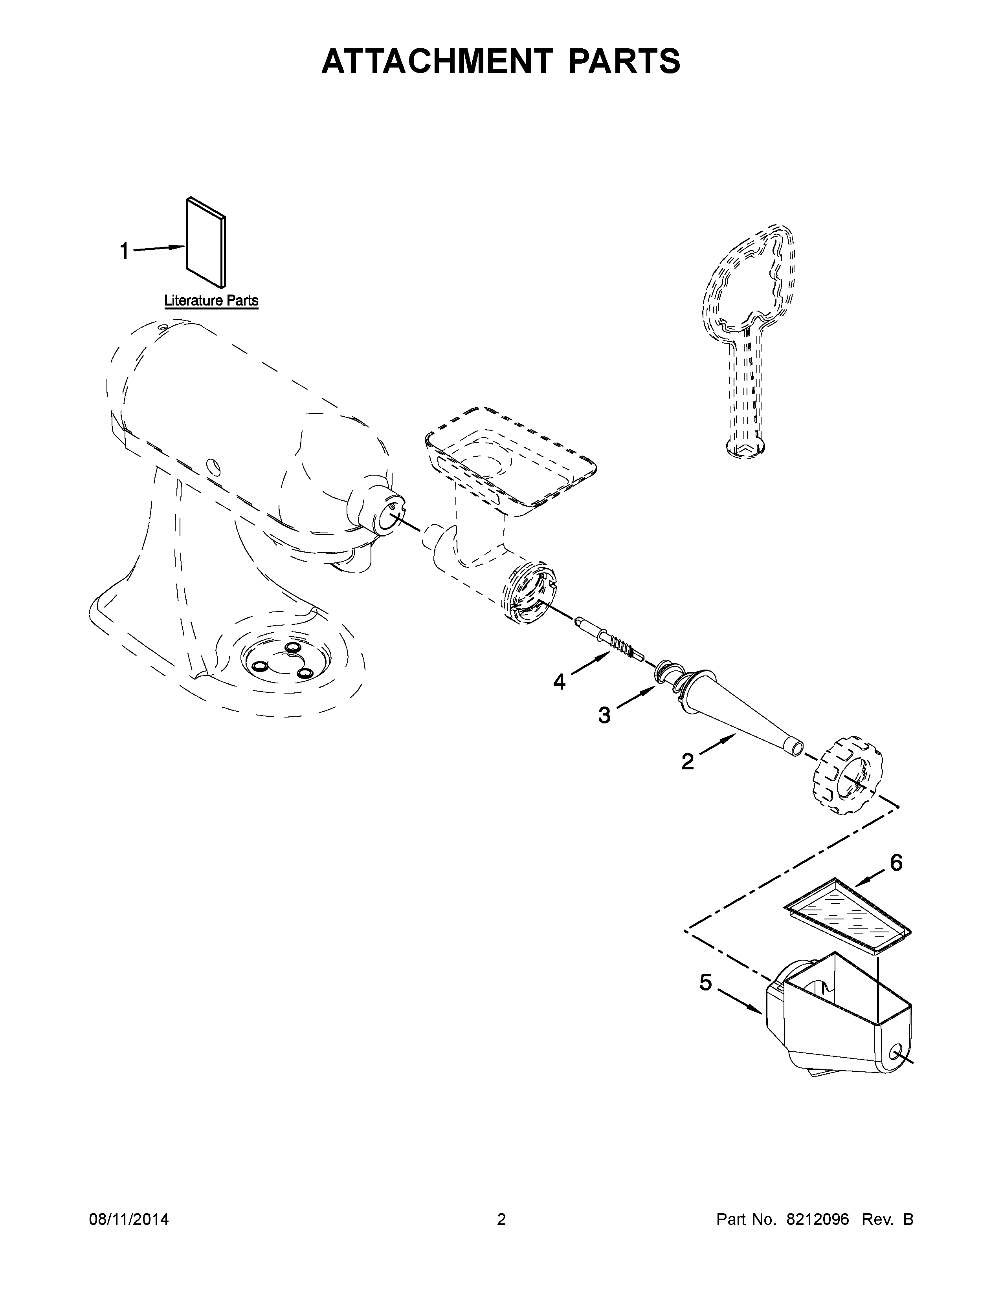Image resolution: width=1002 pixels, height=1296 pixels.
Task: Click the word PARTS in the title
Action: [x=624, y=62]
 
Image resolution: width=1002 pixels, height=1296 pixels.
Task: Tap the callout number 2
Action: [x=687, y=761]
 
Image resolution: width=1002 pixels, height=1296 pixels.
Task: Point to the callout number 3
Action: [x=604, y=716]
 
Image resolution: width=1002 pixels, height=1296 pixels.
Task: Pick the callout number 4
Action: [x=559, y=682]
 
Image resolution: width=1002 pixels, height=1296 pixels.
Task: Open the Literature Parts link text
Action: [x=211, y=301]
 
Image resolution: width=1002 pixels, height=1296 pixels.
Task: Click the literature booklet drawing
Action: [x=206, y=242]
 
